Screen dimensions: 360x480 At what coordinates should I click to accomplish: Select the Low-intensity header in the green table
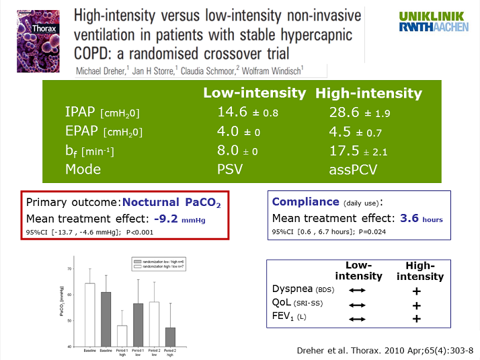254,94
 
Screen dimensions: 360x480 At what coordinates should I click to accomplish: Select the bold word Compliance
305,201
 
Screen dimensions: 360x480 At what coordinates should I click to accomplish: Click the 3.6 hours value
420,218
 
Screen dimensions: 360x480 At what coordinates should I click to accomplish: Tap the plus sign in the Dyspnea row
417,291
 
